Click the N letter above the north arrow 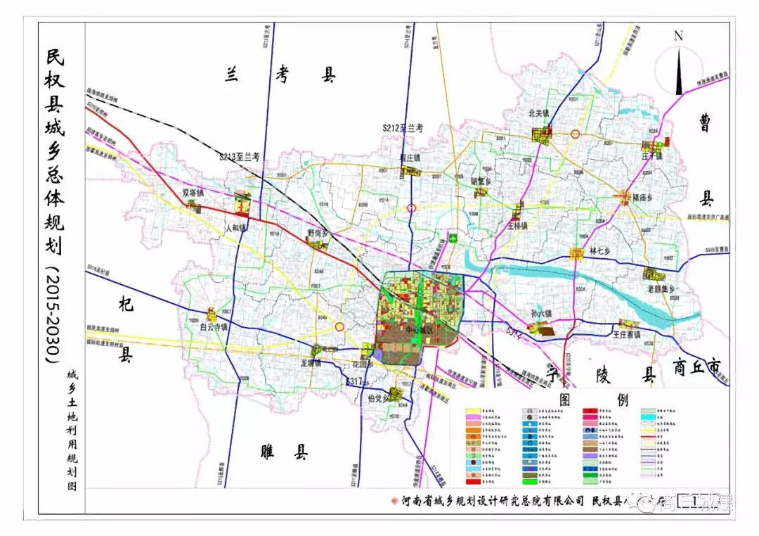coord(678,36)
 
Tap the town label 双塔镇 coord(193,192)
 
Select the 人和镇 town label coord(238,228)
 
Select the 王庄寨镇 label coord(627,335)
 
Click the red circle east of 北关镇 coord(576,134)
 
